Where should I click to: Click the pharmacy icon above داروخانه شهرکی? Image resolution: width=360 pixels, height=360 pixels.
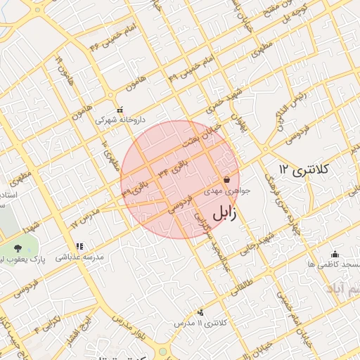tap(120, 110)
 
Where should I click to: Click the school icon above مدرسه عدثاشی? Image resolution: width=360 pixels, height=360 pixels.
tap(79, 246)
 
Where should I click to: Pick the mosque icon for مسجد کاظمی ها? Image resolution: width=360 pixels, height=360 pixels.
tap(334, 254)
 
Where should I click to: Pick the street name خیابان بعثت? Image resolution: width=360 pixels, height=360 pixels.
tap(199, 134)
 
